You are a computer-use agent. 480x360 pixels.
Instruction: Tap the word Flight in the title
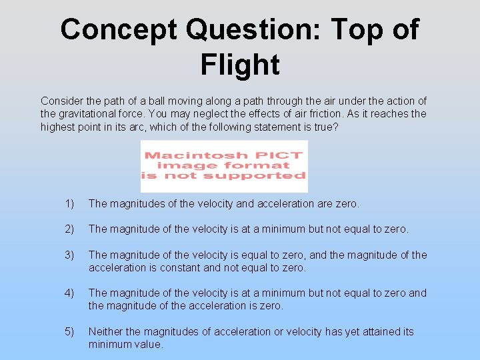239,65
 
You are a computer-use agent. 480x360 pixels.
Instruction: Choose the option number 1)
70,203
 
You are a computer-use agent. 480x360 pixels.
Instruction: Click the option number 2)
70,229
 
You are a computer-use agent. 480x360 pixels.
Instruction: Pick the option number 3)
70,255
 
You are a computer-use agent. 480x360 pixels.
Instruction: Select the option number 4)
70,293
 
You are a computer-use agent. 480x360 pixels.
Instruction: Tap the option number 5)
70,331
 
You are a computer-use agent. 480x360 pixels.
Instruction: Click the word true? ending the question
326,127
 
